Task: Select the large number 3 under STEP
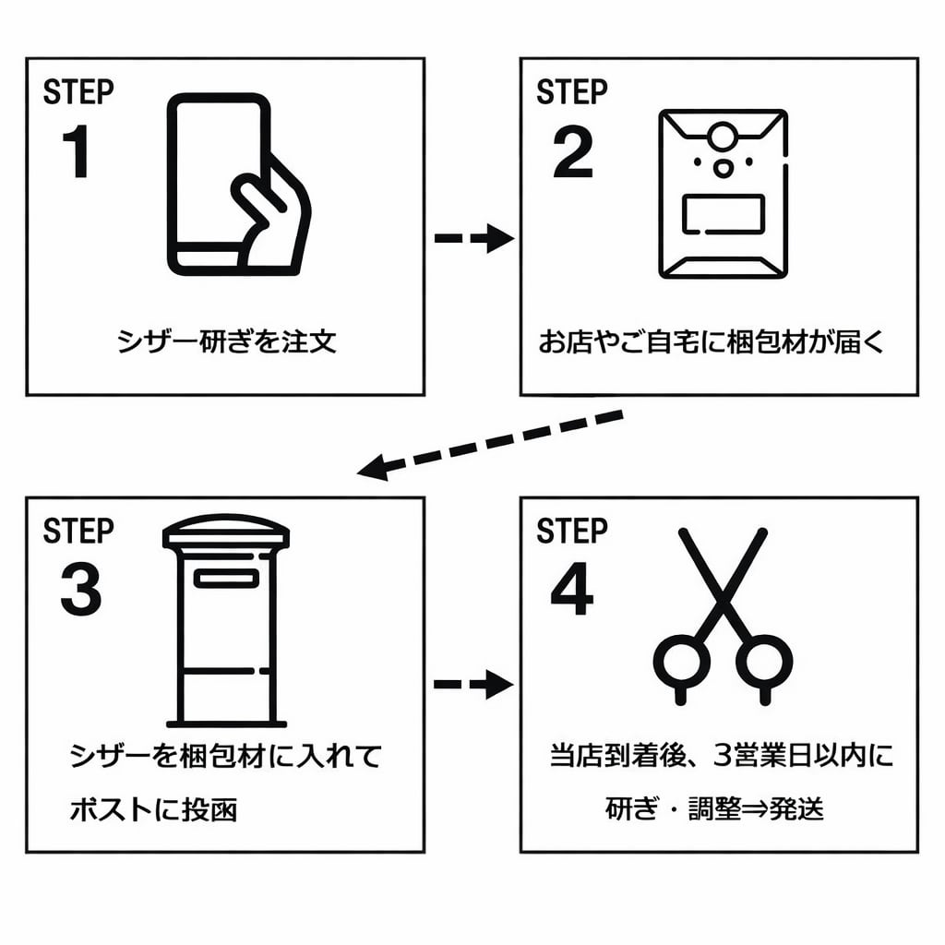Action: [x=81, y=591]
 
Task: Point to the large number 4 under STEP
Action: [x=573, y=591]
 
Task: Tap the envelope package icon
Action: [x=723, y=194]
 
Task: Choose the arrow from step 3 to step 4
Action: [x=473, y=684]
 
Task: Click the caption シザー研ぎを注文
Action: [x=226, y=342]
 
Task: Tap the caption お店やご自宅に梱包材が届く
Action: [x=712, y=342]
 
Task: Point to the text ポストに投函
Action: [x=153, y=810]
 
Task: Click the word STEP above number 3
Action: [x=78, y=532]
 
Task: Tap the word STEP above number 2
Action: [x=572, y=92]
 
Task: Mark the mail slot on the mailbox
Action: [x=226, y=579]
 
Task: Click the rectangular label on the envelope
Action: [x=723, y=215]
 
